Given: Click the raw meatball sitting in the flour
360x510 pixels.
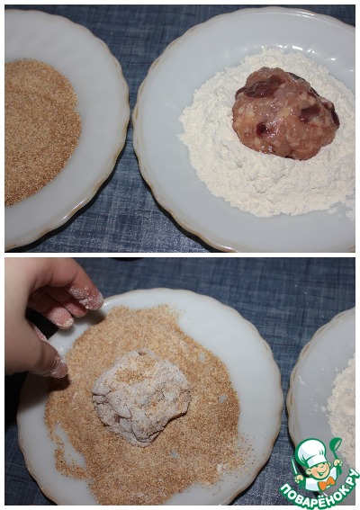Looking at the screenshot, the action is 285,114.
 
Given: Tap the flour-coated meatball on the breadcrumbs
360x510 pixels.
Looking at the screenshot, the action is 141,397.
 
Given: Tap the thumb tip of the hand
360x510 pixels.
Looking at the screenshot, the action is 58,368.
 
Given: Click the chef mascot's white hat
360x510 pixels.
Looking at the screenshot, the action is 311,451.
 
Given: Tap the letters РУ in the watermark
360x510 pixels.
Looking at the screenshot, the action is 349,479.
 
